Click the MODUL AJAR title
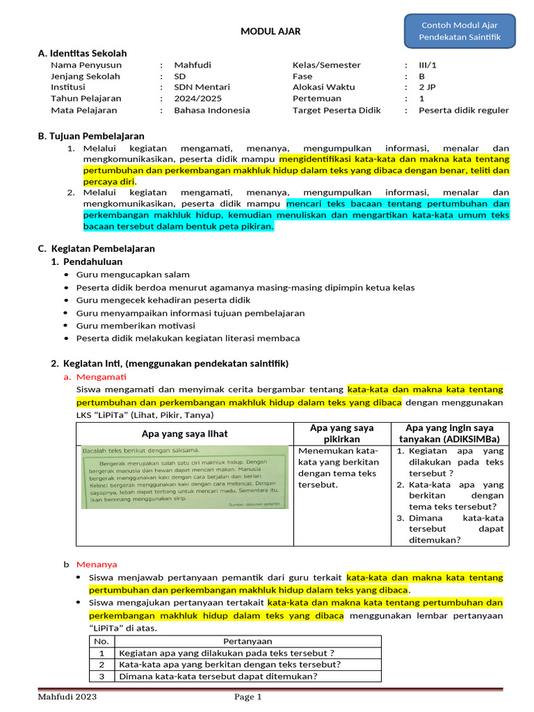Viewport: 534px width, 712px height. tap(270, 31)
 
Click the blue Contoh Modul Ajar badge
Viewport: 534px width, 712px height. tap(460, 31)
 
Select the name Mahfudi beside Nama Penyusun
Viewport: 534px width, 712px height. tap(193, 65)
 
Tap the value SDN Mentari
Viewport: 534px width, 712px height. tap(202, 87)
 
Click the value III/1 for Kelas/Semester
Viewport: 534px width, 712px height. tap(429, 65)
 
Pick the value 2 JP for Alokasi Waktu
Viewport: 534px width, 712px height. tap(428, 87)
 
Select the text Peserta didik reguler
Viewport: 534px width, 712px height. tap(463, 110)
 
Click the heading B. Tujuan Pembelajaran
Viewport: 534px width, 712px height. tap(91, 136)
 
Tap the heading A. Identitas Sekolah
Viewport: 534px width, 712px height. tap(82, 53)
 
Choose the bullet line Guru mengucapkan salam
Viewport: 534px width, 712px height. tap(133, 275)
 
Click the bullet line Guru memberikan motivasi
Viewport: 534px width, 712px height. tap(136, 325)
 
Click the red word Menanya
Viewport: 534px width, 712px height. tap(97, 564)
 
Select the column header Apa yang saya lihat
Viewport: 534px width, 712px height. tap(184, 434)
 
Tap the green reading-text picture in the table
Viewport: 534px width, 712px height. tap(184, 477)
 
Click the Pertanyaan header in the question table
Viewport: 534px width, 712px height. tap(248, 641)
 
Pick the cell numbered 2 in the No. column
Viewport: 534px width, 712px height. tap(102, 664)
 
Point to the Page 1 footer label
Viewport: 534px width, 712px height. tap(248, 697)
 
